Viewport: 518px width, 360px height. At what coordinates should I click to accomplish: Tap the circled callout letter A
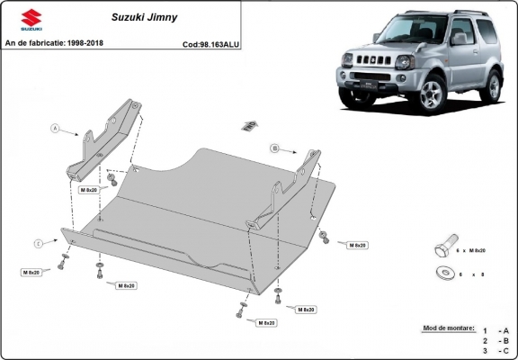(x=55, y=130)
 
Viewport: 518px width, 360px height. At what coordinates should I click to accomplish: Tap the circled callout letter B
(x=273, y=147)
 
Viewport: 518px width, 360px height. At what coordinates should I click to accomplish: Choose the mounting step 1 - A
(x=495, y=331)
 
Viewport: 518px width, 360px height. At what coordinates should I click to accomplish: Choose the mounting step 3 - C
(x=495, y=352)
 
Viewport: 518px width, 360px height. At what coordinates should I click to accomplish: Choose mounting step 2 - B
(x=495, y=342)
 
